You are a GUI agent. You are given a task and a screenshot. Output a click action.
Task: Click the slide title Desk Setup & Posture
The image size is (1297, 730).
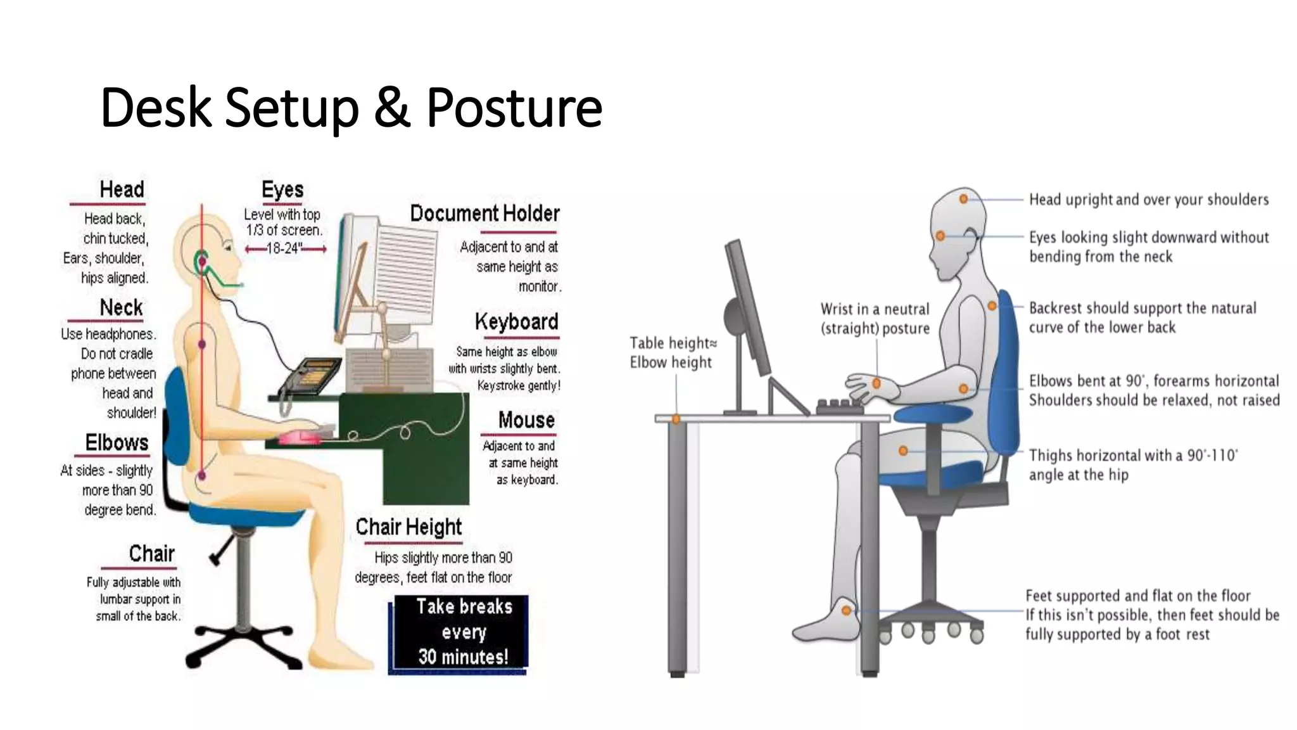[x=351, y=107]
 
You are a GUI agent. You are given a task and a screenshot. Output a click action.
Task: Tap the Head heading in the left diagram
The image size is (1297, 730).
[x=122, y=189]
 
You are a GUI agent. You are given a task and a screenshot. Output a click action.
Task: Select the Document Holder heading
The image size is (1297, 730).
[x=484, y=214]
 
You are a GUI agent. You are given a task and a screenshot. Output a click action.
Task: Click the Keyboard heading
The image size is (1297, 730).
[x=516, y=322]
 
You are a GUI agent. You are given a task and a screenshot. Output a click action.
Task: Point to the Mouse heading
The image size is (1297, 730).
[x=526, y=420]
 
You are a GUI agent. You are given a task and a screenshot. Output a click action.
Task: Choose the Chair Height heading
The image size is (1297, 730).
[x=408, y=527]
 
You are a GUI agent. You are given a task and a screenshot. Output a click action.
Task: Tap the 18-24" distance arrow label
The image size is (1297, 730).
[x=285, y=248]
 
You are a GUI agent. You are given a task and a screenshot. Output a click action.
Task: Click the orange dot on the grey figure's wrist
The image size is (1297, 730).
[x=876, y=383]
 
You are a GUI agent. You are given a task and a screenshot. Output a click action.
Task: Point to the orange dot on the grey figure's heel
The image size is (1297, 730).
[x=847, y=610]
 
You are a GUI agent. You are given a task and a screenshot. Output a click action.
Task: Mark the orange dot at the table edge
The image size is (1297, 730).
[x=676, y=419]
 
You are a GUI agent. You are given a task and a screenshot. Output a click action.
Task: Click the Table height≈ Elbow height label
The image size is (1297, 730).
[x=673, y=353]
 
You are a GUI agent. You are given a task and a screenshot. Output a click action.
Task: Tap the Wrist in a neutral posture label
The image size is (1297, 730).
[x=875, y=319]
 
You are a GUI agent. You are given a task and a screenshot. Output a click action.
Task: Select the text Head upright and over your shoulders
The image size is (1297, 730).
[x=1148, y=200]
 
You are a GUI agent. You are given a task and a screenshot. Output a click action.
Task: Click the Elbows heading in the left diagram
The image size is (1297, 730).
[x=117, y=442]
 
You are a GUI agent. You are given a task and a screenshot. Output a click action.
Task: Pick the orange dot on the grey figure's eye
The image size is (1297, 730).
[x=940, y=236]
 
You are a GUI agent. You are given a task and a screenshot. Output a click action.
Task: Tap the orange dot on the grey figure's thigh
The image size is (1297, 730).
[x=903, y=451]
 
